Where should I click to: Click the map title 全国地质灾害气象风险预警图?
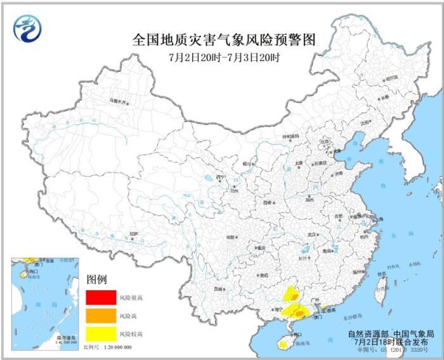pyautogui.click(x=223, y=40)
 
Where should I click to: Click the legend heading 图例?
pyautogui.click(x=96, y=280)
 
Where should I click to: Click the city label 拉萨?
pyautogui.click(x=133, y=234)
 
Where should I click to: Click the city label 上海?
pyautogui.click(x=379, y=219)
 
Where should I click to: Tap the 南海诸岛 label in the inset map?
pyautogui.click(x=66, y=338)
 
